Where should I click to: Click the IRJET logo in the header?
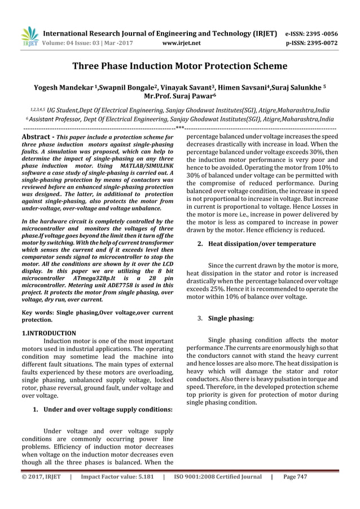tap(29, 37)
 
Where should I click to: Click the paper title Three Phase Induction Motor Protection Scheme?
tap(180, 66)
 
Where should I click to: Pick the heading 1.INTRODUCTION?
tap(48, 334)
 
